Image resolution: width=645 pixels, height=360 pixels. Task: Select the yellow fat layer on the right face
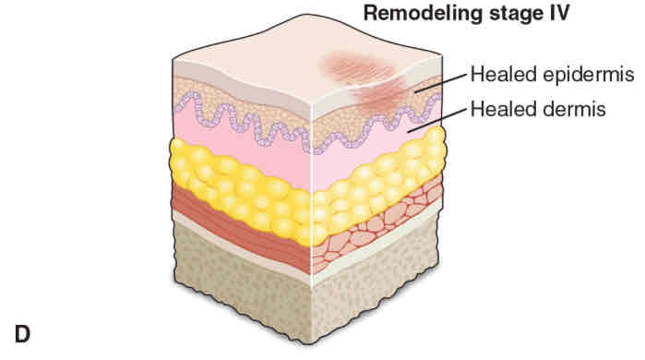(378, 185)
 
